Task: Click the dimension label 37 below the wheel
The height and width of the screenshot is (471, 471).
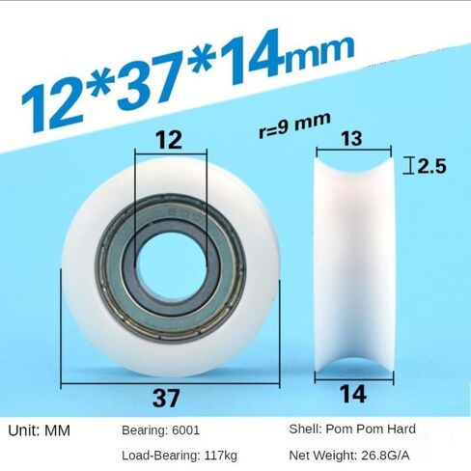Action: tap(166, 398)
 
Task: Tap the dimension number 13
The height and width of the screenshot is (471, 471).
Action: tap(351, 138)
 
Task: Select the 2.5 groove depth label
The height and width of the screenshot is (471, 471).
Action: tap(431, 166)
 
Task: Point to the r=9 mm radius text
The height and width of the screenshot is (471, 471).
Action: tap(294, 125)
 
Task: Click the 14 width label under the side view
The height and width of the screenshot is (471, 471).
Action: tap(353, 394)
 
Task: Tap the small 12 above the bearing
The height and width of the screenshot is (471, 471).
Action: tap(169, 140)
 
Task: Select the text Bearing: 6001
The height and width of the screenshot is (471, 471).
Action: tap(160, 430)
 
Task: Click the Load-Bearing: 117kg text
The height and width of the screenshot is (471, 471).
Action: tap(180, 456)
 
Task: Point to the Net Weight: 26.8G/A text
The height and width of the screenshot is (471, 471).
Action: tap(349, 456)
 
